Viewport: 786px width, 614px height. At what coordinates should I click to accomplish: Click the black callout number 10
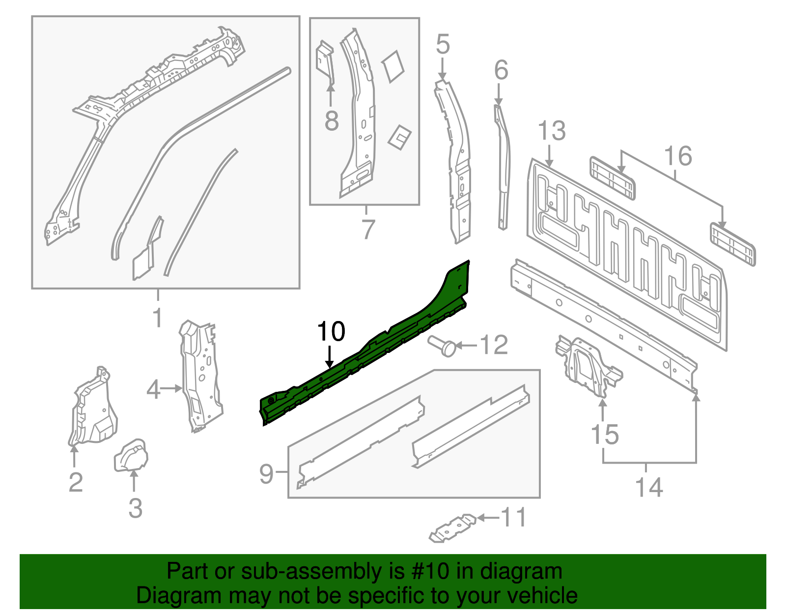[331, 332]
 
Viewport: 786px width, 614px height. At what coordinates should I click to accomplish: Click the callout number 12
[493, 345]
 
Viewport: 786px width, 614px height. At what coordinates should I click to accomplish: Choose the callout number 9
[266, 474]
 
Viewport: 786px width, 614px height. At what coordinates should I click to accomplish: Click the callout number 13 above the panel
[552, 131]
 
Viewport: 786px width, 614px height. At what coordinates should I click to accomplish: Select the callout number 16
[678, 156]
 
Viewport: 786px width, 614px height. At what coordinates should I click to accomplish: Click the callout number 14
[648, 488]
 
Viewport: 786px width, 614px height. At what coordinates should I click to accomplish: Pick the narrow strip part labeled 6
[503, 167]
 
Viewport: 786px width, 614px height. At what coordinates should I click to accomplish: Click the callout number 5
[443, 45]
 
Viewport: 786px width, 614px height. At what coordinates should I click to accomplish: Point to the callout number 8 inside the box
[332, 120]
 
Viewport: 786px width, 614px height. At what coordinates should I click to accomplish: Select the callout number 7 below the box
[367, 229]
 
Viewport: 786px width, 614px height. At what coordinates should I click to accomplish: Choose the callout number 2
[75, 482]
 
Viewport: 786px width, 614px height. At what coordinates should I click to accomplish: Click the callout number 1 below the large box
[157, 318]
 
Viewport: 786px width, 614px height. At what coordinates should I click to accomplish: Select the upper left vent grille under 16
[612, 178]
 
